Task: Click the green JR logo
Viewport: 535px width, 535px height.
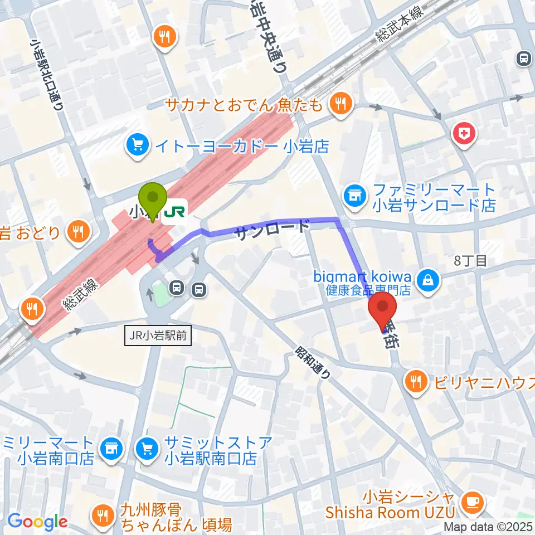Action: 175,211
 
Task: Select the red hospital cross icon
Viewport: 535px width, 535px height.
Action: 463,133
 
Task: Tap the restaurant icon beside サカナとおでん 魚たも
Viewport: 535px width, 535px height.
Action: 338,103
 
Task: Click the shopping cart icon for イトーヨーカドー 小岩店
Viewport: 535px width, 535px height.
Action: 137,146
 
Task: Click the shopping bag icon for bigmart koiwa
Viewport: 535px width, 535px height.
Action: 429,277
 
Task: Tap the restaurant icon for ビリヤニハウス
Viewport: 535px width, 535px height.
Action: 416,382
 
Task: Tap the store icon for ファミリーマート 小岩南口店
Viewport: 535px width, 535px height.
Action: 111,448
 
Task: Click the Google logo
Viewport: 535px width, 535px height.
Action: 37,522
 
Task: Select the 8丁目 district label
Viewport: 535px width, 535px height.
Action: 470,260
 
